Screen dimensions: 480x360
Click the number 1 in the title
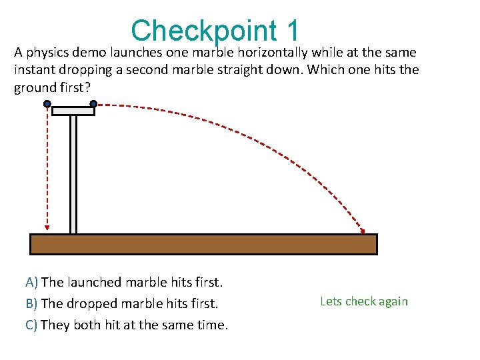(293, 31)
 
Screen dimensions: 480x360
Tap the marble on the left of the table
(47, 104)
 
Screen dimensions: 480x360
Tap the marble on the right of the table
(93, 104)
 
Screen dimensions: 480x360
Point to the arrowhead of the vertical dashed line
(47, 227)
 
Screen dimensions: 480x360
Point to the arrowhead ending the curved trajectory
(363, 230)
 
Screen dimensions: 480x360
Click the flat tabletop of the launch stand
(73, 111)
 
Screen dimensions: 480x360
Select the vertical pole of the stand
(73, 173)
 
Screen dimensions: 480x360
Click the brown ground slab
(203, 244)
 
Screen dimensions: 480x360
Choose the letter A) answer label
(31, 282)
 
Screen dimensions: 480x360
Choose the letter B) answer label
(31, 304)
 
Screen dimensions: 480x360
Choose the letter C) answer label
(31, 325)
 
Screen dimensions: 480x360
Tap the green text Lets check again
(364, 301)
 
